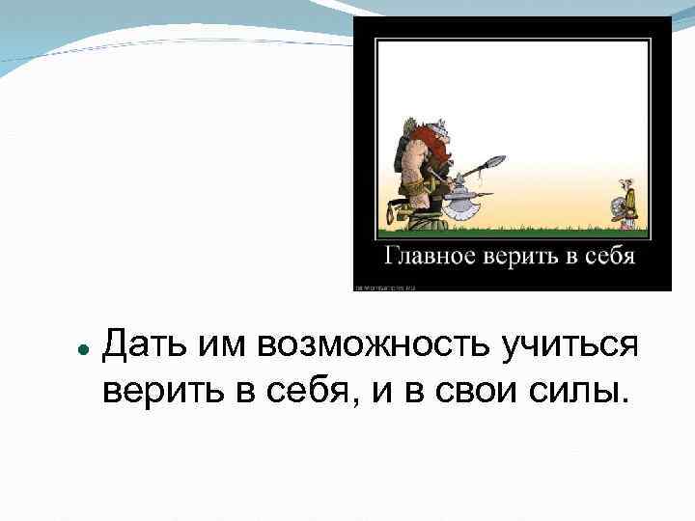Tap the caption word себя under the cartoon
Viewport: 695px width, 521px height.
[x=607, y=258]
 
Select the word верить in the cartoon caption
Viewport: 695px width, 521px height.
[x=518, y=258]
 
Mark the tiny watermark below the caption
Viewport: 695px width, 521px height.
[x=383, y=286]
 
